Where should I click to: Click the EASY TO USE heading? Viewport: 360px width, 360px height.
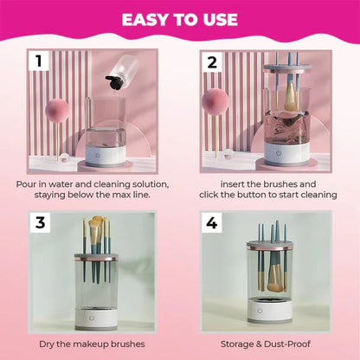(179, 19)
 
